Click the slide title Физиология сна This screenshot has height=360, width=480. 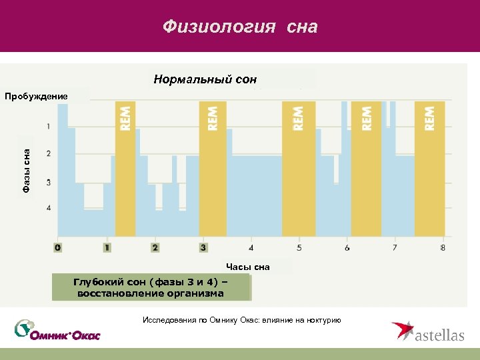pyautogui.click(x=240, y=27)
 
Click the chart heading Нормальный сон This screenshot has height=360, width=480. pyautogui.click(x=205, y=79)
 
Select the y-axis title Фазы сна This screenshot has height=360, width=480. pyautogui.click(x=26, y=172)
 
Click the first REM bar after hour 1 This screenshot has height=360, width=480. pyautogui.click(x=125, y=167)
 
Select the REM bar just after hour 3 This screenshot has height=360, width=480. pyautogui.click(x=213, y=167)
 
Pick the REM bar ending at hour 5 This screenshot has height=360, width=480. pyautogui.click(x=298, y=167)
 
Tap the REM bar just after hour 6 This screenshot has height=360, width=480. pyautogui.click(x=366, y=167)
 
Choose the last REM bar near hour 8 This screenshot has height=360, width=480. pyautogui.click(x=430, y=167)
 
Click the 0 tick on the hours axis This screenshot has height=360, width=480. pyautogui.click(x=59, y=247)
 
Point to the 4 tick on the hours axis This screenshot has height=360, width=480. pyautogui.click(x=251, y=247)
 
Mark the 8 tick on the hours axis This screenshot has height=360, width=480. pyautogui.click(x=443, y=247)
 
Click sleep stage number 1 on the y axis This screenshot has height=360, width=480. pyautogui.click(x=48, y=126)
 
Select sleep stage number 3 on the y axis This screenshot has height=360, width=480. pyautogui.click(x=48, y=182)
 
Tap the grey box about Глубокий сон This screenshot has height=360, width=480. pyautogui.click(x=151, y=288)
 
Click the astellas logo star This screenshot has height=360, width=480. pyautogui.click(x=402, y=331)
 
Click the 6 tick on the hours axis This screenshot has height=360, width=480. pyautogui.click(x=347, y=247)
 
